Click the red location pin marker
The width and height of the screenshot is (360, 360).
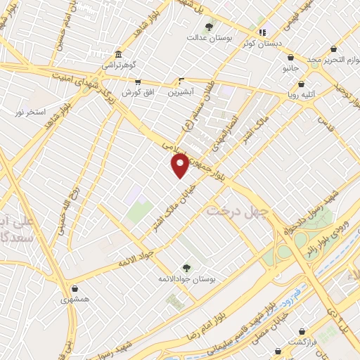[180, 166]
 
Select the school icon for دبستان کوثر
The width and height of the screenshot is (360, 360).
[262, 32]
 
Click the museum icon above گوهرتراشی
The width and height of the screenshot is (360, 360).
[117, 55]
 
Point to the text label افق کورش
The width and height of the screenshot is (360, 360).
[138, 93]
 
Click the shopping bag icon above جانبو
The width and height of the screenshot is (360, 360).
[291, 60]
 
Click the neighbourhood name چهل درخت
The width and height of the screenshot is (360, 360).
[238, 211]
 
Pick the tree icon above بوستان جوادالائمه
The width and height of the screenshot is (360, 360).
[186, 267]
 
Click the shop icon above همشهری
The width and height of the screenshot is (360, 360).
[75, 288]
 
